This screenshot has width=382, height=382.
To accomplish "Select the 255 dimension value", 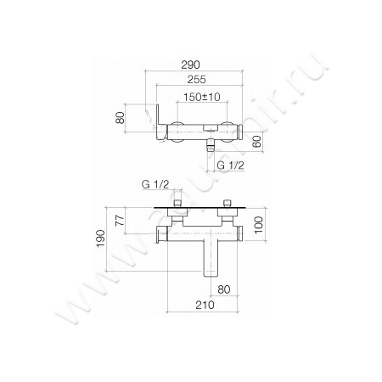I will coord(197,81).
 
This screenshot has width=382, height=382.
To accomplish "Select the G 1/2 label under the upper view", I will coord(229,165).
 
